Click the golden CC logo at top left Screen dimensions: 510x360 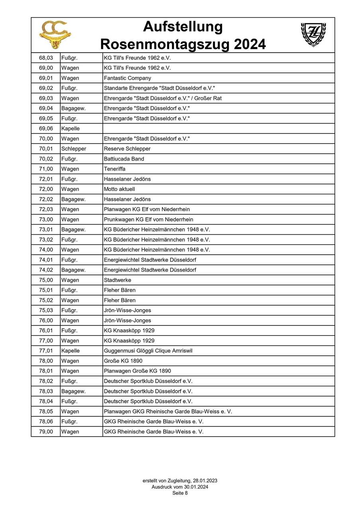(x=55, y=35)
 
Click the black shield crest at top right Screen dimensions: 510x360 (x=313, y=35)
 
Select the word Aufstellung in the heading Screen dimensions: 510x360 (x=183, y=27)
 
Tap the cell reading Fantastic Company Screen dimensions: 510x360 (x=127, y=78)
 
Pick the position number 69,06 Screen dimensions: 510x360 (x=46, y=129)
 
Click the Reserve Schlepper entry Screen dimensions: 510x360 (x=127, y=149)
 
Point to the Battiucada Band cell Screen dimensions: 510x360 (x=124, y=159)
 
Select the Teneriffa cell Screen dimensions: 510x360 (x=115, y=169)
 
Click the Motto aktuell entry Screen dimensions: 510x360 (x=119, y=189)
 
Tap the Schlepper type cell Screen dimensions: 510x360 (x=74, y=149)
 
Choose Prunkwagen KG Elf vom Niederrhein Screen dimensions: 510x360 (x=149, y=220)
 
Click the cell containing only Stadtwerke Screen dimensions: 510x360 (x=117, y=280)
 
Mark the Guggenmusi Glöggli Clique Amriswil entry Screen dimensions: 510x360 (x=148, y=351)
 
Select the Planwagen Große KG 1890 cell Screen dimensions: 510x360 (x=137, y=371)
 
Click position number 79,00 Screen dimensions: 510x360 (x=46, y=432)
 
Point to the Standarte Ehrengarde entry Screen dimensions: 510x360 (x=159, y=88)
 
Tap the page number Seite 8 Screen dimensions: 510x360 (x=180, y=493)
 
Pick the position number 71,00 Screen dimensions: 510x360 (x=46, y=169)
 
